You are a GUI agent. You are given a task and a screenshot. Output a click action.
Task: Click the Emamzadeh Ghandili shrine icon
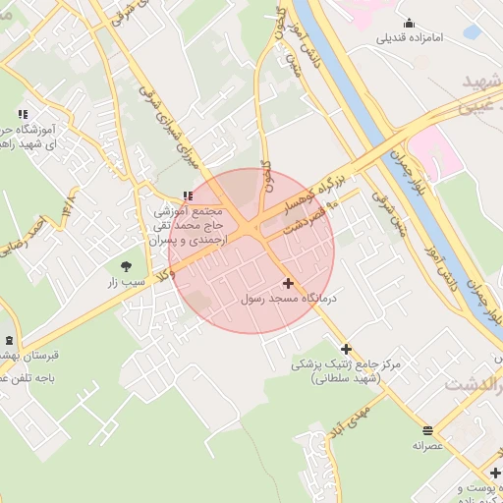click(x=409, y=24)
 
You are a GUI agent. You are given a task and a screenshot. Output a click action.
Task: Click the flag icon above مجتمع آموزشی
click(x=188, y=196)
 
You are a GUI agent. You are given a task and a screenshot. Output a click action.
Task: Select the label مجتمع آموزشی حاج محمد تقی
click(x=191, y=224)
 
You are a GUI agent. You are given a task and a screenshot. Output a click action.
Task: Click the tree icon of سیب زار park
click(x=127, y=265)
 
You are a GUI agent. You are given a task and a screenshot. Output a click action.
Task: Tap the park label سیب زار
click(x=127, y=283)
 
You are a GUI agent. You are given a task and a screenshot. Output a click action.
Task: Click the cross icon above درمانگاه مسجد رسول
click(x=287, y=283)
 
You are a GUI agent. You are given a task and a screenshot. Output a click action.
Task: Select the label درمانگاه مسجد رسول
click(x=289, y=298)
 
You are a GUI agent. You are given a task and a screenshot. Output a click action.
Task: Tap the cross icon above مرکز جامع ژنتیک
click(x=346, y=348)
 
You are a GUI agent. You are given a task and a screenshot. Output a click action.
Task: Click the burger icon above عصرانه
click(x=427, y=429)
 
